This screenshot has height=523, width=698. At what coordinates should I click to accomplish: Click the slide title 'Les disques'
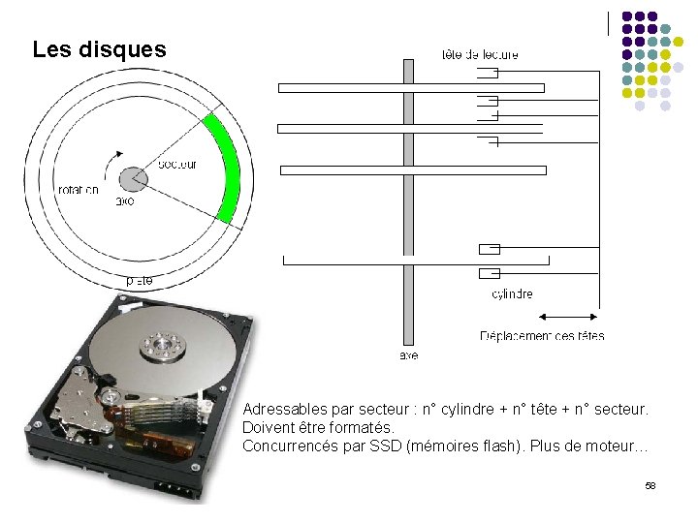click(x=99, y=49)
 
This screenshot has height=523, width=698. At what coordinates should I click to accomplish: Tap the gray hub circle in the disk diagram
click(x=133, y=179)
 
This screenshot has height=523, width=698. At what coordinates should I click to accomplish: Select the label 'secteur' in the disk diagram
click(x=176, y=165)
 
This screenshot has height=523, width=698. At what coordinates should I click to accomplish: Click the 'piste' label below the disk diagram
click(x=140, y=281)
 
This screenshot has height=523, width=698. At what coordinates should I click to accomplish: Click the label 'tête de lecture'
click(x=480, y=55)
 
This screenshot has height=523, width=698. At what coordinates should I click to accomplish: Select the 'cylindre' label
click(x=512, y=294)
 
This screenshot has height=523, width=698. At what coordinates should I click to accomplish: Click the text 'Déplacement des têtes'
click(x=542, y=336)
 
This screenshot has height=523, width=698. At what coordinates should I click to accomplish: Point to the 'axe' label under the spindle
click(x=408, y=356)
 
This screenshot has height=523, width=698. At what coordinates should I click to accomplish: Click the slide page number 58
click(x=650, y=484)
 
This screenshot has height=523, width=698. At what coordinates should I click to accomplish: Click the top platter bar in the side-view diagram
click(x=411, y=87)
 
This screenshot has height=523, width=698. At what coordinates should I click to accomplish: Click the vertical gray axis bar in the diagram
click(x=408, y=194)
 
